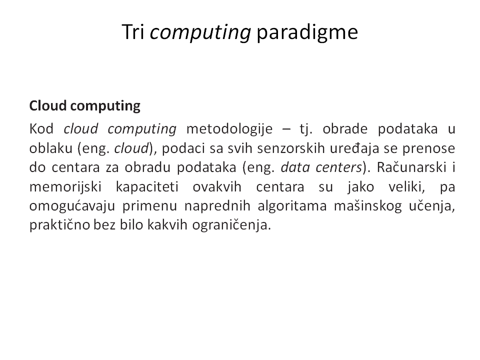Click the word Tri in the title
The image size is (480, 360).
point(133,32)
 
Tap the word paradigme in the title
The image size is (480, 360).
point(307,32)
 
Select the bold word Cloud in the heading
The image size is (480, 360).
point(48,105)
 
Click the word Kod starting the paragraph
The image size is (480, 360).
point(41,129)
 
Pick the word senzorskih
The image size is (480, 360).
point(291,148)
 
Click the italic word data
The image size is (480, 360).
point(295,167)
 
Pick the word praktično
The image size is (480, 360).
point(59,225)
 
